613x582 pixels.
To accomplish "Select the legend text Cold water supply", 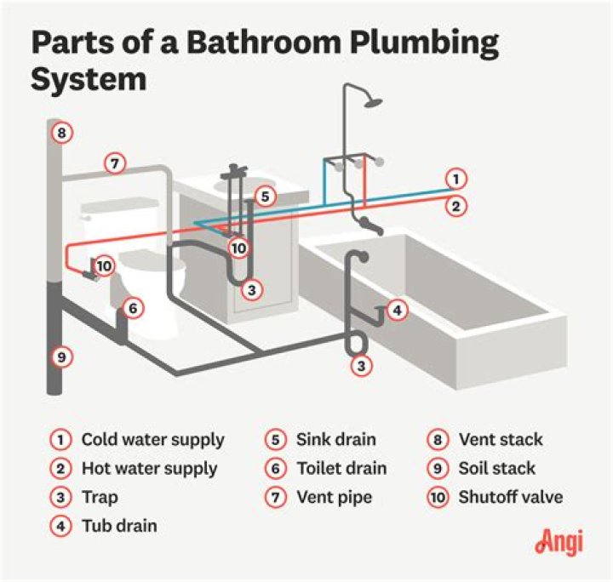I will pos(152,440).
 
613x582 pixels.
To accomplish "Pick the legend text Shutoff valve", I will pos(511,497).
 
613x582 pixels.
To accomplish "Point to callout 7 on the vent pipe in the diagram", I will pos(115,162).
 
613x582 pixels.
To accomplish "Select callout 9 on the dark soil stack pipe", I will pos(60,357).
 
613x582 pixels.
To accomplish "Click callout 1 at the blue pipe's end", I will pos(456,179).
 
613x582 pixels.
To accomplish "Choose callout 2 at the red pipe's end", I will pos(456,205).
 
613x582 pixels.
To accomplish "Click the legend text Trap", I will pos(100,497).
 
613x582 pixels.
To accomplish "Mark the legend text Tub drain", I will pos(119,526).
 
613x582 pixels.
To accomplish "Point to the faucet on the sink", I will pos(233,174).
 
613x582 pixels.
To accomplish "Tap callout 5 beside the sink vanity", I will pos(265,197).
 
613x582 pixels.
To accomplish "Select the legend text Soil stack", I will pos(497,469).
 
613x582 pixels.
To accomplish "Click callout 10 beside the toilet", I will pos(103,265).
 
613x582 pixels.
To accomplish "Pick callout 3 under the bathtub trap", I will pos(363,367).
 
